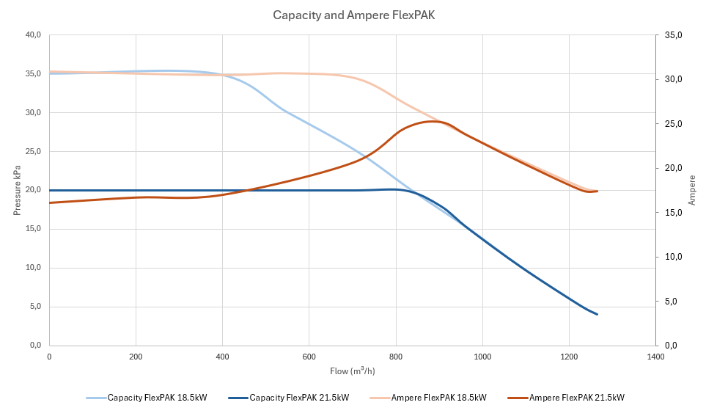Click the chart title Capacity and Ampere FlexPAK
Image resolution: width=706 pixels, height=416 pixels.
[x=353, y=15]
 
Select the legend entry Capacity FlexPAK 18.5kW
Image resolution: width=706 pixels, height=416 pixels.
[x=157, y=398]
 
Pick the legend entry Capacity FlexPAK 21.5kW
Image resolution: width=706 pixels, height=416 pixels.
[x=299, y=398]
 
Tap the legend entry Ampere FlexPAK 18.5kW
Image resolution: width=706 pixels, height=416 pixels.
[x=438, y=398]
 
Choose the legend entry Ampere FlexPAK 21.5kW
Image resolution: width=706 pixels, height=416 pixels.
[x=576, y=398]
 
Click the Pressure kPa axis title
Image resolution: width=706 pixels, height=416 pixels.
[x=17, y=190]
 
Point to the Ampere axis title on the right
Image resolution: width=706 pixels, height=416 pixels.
[x=692, y=190]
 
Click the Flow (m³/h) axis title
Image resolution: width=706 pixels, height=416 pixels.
[x=352, y=371]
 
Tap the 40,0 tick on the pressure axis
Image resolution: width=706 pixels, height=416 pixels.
[x=32, y=35]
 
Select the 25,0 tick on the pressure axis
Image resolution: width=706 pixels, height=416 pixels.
[x=32, y=152]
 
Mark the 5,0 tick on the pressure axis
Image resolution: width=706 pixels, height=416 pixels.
[x=34, y=307]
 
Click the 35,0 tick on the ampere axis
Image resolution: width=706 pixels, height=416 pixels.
[x=673, y=35]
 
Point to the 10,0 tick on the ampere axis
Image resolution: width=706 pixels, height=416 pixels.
[x=673, y=257]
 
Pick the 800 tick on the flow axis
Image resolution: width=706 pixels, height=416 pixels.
[x=396, y=357]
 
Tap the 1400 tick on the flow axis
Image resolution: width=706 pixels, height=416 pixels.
[x=655, y=357]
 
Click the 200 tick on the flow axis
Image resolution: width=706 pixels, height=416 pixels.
[x=136, y=357]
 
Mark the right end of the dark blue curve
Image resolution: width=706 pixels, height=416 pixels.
[x=597, y=314]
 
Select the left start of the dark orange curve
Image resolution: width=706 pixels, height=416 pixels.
[x=50, y=202]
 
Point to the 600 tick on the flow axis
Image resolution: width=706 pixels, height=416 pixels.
[x=309, y=357]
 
